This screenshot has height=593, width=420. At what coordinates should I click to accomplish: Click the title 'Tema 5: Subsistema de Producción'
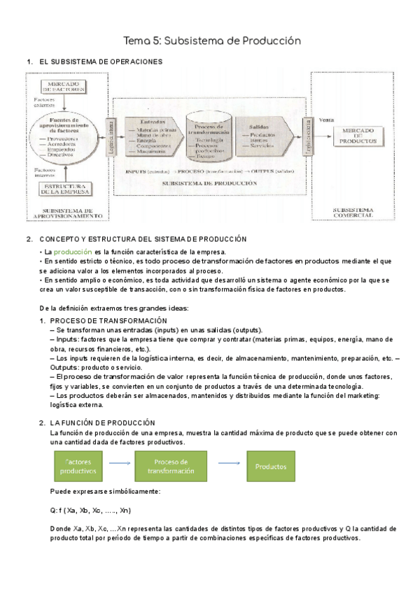tap(212, 41)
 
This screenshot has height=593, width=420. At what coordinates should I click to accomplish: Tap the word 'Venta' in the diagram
tap(327, 120)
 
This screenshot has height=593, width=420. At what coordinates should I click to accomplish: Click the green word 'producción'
tap(72, 252)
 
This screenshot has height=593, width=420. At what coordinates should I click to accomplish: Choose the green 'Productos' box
tap(269, 466)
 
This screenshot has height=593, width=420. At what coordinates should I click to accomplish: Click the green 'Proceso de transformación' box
tap(171, 466)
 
